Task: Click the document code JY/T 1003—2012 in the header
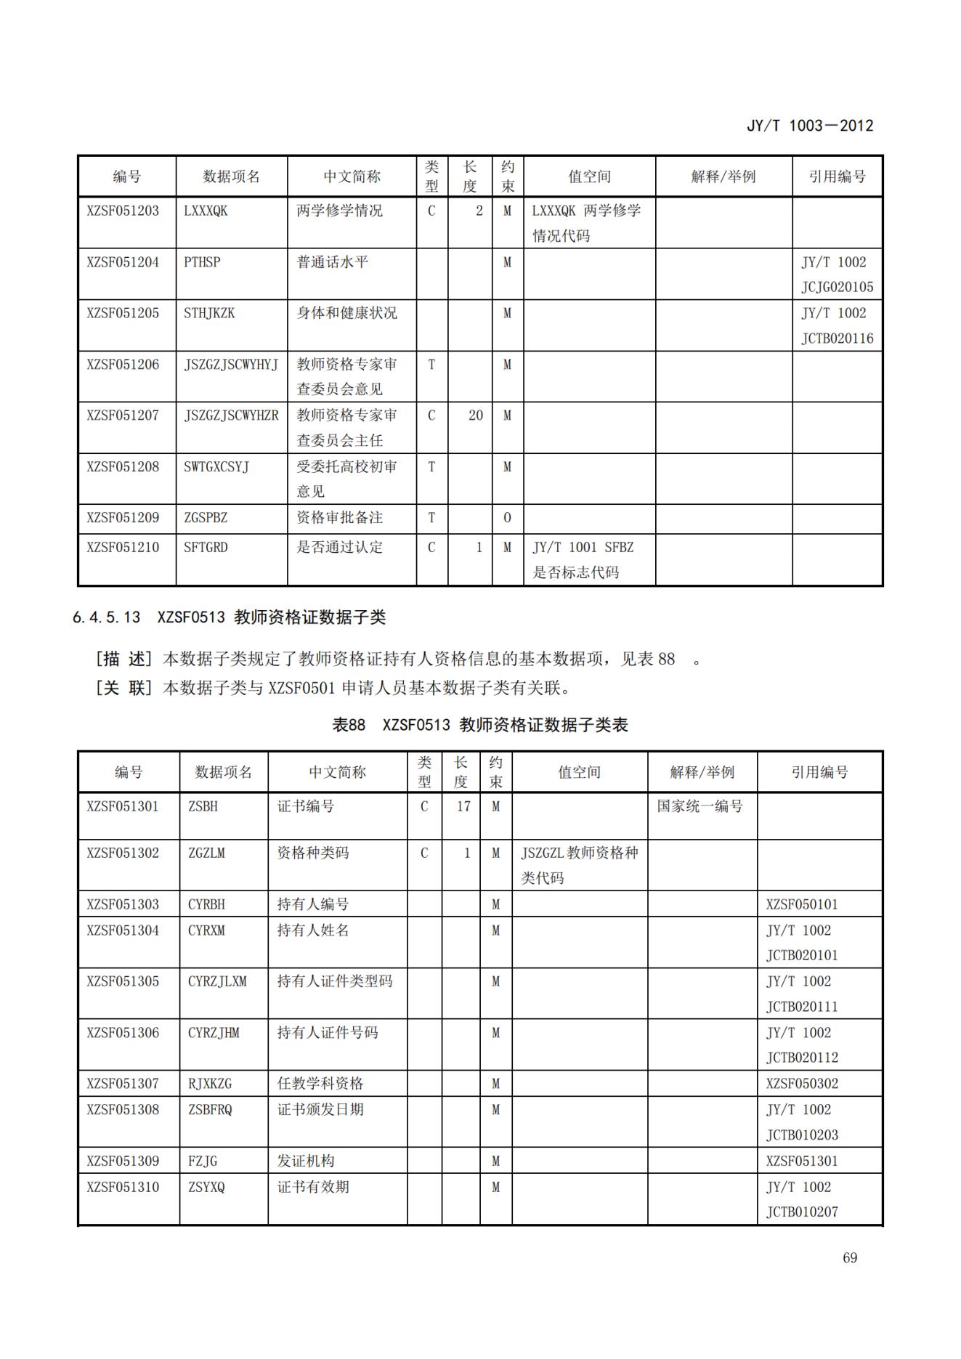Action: point(809,126)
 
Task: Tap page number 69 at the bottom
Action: point(850,1257)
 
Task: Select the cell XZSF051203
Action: point(123,211)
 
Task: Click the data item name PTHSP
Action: point(202,262)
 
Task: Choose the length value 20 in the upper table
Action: point(475,415)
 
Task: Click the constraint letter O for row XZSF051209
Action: point(507,518)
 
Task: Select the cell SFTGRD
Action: point(206,547)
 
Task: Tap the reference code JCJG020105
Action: point(837,287)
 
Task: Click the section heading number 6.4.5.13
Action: point(106,617)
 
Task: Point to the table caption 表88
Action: point(349,725)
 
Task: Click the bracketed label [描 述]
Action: point(124,659)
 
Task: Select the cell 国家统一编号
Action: point(700,806)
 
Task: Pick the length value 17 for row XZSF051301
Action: point(463,806)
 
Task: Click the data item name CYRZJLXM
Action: point(217,981)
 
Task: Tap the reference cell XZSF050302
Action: point(802,1084)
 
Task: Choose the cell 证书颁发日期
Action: point(320,1109)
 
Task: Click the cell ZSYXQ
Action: point(206,1187)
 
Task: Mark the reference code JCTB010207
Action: point(802,1212)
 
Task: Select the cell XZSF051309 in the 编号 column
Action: point(123,1161)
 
